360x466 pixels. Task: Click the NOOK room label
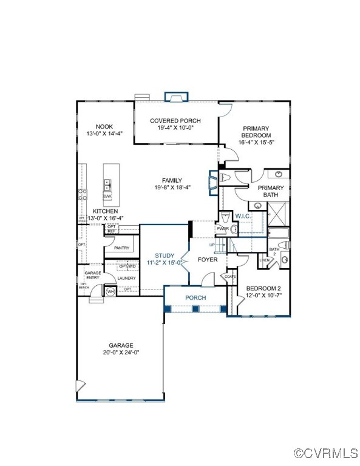point(104,126)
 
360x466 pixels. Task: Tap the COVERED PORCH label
point(175,121)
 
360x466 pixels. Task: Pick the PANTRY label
point(121,248)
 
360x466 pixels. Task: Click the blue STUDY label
point(164,255)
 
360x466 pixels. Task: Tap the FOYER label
point(208,260)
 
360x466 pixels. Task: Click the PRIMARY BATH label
point(271,191)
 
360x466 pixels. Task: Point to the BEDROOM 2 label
point(263,288)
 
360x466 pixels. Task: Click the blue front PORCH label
point(195,297)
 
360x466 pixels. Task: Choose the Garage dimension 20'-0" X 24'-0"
point(120,352)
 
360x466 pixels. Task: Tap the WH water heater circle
point(110,292)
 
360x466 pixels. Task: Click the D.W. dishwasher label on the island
point(107,196)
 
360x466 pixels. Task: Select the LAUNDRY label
point(126,278)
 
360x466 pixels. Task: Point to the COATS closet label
point(229,277)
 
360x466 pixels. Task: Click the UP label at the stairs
point(212,245)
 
